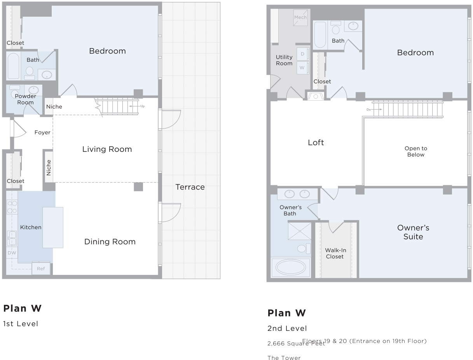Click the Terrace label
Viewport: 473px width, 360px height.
(190, 187)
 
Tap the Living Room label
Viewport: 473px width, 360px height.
(107, 149)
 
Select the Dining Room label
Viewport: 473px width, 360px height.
(110, 242)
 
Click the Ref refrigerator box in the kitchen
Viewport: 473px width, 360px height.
(41, 268)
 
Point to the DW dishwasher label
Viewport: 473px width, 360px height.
(11, 253)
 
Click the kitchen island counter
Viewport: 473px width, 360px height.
(53, 228)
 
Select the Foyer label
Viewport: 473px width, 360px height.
(42, 132)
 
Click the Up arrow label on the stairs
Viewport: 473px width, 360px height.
(143, 106)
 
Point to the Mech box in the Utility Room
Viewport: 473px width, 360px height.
(300, 17)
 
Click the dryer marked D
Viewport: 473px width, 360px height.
(302, 54)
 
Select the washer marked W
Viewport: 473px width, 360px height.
(302, 68)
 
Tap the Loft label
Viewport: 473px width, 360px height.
(316, 143)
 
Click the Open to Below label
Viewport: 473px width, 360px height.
(415, 151)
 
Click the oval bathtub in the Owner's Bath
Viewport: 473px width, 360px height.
(291, 267)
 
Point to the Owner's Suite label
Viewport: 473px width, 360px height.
(413, 232)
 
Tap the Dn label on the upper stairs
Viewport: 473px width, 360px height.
(368, 110)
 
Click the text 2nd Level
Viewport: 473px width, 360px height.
(287, 329)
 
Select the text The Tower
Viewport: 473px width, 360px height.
(284, 358)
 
